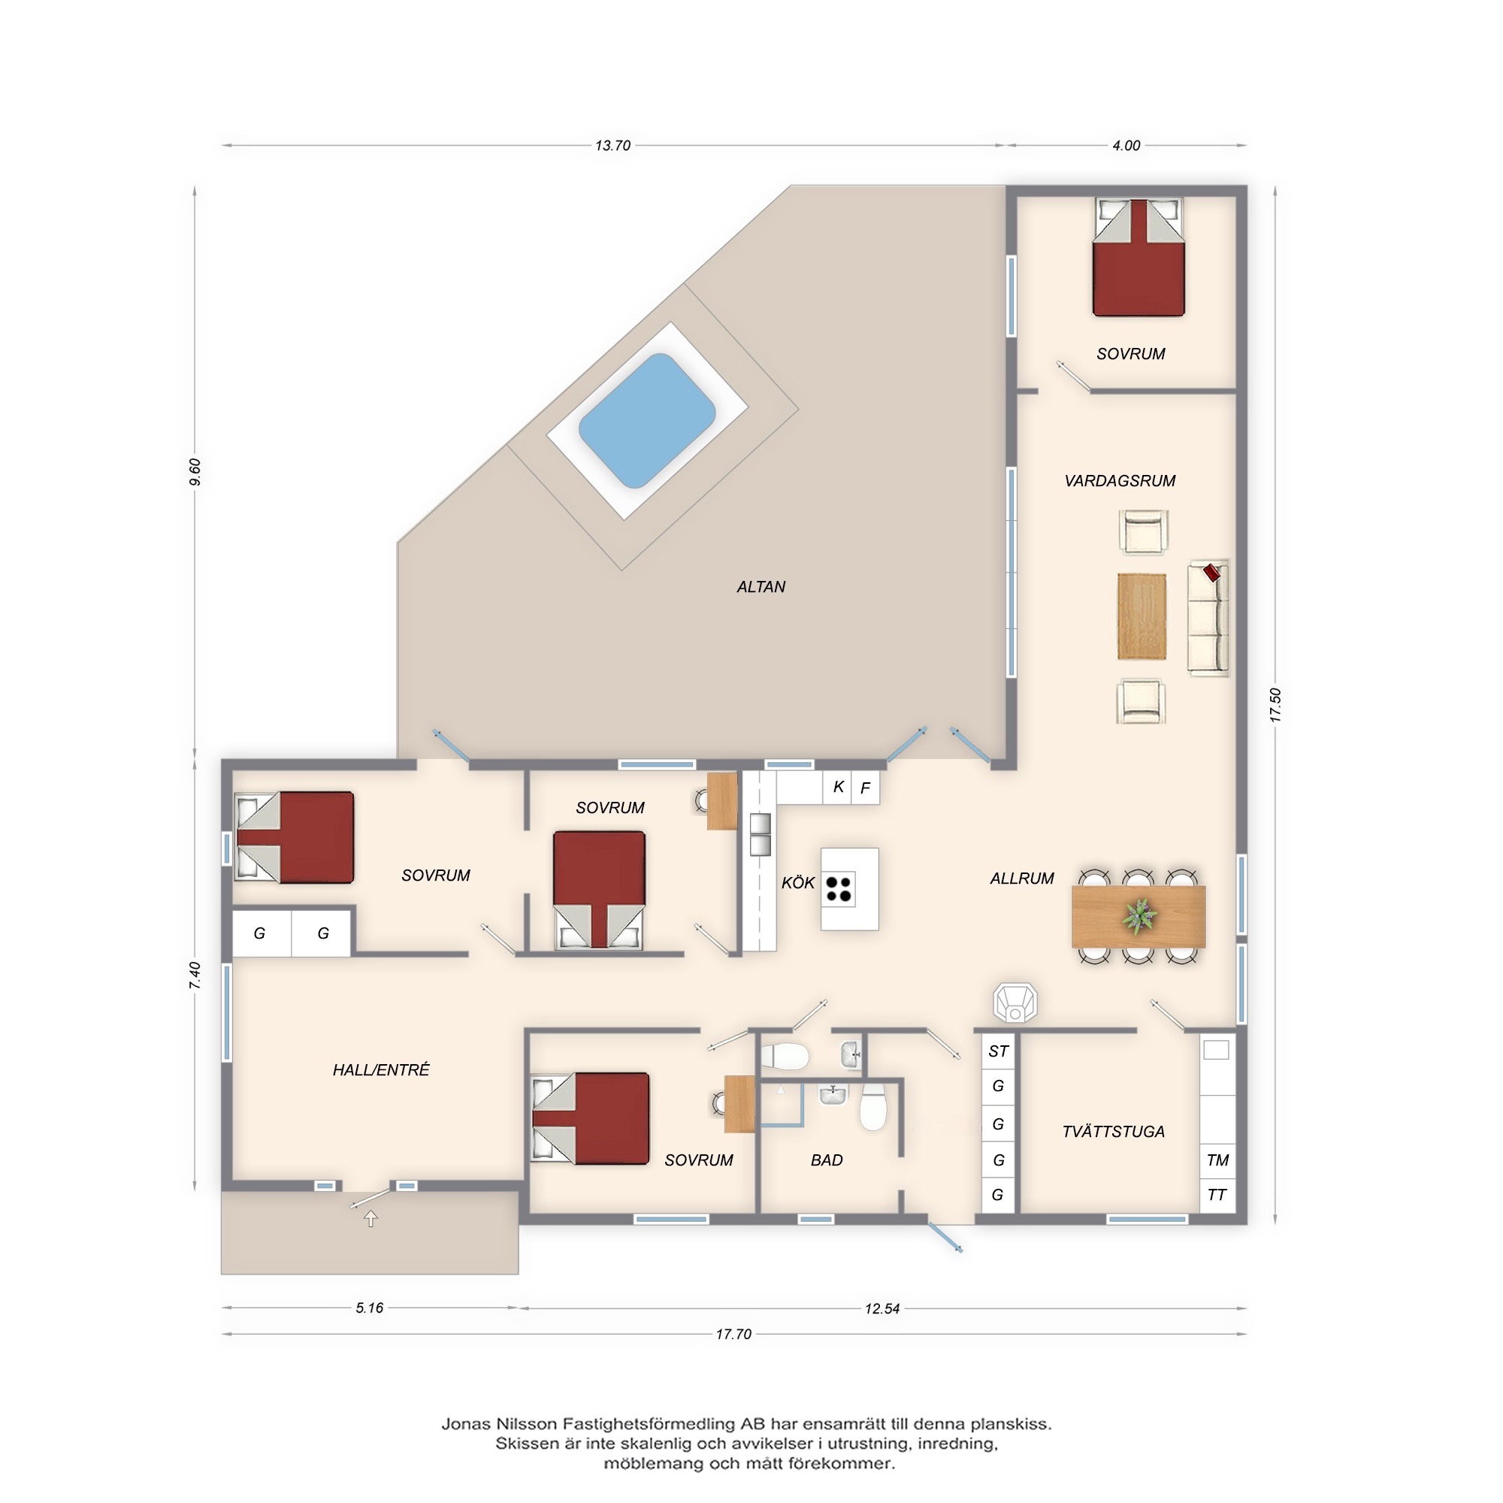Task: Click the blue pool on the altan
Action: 646,421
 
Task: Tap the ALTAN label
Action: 761,588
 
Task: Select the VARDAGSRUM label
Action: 1120,481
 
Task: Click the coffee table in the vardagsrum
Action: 1142,616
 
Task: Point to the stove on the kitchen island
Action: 839,889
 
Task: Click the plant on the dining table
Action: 1139,916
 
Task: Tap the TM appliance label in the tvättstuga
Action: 1217,1160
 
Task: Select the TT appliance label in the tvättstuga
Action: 1217,1194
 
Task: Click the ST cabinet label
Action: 998,1052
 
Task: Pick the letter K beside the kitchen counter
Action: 839,787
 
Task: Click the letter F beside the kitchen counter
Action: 865,789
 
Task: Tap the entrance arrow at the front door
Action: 371,1219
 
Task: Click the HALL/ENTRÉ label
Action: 381,1069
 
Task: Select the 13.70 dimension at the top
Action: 612,146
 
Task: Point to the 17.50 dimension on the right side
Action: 1275,705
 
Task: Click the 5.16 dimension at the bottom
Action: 370,1308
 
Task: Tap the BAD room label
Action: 826,1160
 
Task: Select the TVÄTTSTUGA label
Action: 1113,1131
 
